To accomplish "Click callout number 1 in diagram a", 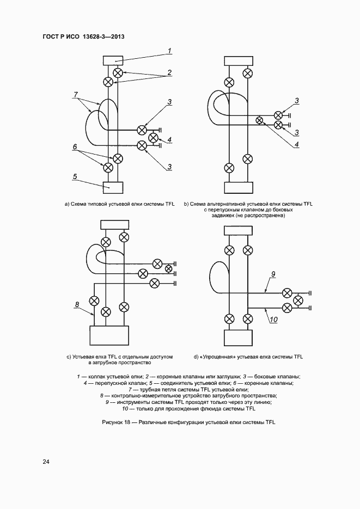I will point(169,51).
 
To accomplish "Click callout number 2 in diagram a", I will point(169,71).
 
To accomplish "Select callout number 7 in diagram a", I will point(76,95).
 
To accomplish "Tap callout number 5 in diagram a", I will point(76,177).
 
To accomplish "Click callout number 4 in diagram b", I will point(297,144).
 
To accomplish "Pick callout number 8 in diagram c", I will point(77,304).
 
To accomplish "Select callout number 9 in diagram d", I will point(273,273).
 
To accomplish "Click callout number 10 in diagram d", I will point(273,320).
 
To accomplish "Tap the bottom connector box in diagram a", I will point(113,187).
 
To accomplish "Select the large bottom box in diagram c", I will point(109,338).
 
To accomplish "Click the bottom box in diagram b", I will point(239,187).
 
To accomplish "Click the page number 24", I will point(46,462).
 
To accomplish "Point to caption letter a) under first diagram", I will point(66,204).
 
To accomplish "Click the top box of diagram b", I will point(239,60).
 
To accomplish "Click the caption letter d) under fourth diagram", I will point(196,357).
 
